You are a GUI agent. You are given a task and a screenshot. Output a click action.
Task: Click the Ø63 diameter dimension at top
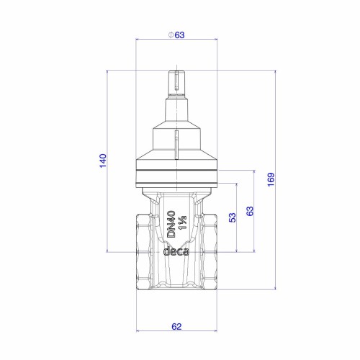point(176,35)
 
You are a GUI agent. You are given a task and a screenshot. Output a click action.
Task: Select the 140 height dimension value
point(103,161)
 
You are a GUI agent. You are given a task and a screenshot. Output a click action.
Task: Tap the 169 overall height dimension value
point(271,179)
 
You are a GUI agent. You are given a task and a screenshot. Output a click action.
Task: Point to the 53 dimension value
point(233,217)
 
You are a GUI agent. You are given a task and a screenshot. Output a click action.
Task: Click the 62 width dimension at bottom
point(176,326)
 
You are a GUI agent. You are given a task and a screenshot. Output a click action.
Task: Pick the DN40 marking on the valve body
point(171,224)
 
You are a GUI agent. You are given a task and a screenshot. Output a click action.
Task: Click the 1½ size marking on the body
point(183,222)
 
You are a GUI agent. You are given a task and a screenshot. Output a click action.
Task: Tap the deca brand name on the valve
point(176,251)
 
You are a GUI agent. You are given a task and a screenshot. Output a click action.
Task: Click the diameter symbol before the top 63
point(171,35)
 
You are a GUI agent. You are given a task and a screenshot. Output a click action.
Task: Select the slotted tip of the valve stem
point(176,81)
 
